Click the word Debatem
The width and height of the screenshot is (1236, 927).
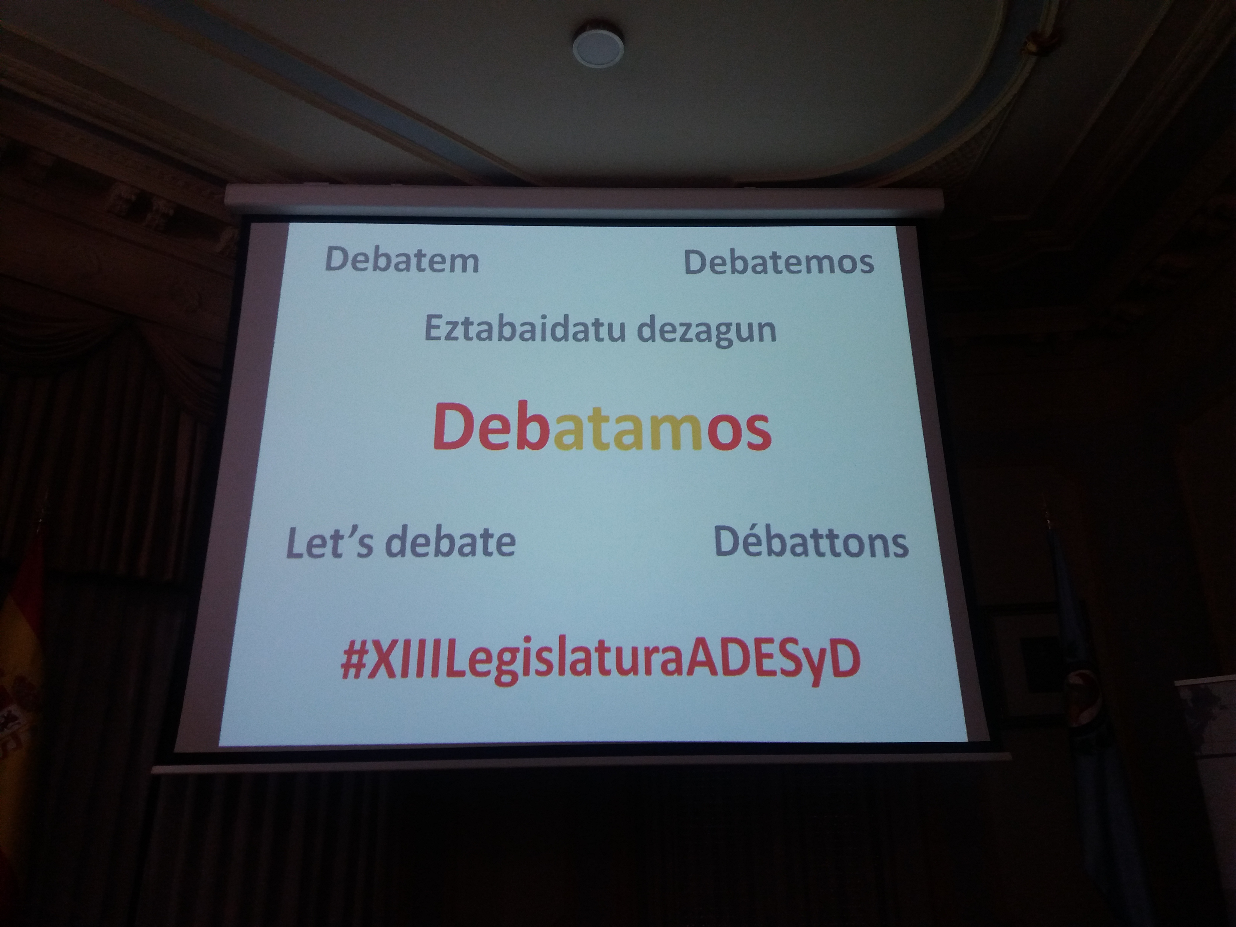[402, 260]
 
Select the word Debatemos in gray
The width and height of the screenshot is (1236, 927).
[779, 262]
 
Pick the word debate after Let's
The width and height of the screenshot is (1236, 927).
[450, 542]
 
